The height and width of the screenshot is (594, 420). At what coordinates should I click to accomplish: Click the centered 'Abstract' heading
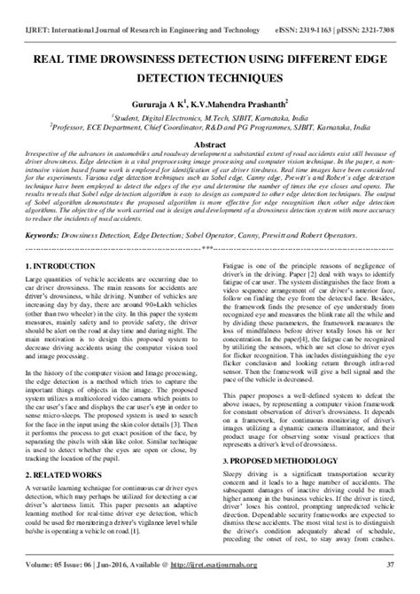[x=209, y=143]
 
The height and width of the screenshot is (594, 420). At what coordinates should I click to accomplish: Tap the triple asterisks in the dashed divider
[x=208, y=247]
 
